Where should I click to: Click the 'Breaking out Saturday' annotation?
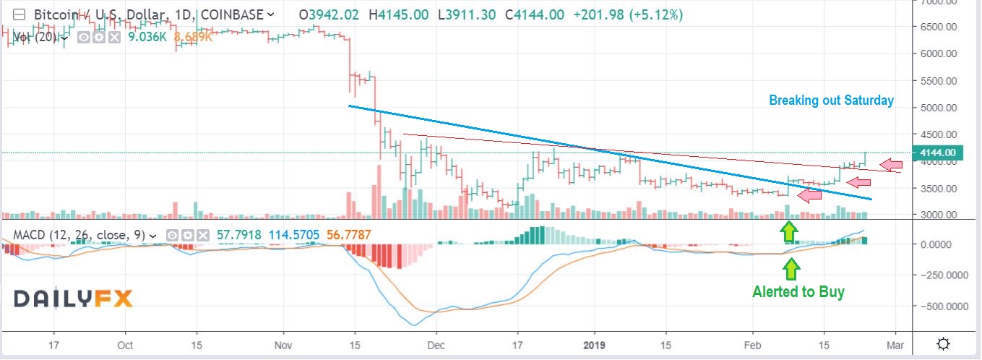pyautogui.click(x=831, y=100)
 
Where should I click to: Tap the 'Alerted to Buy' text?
pyautogui.click(x=798, y=292)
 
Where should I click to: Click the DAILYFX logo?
pyautogui.click(x=72, y=298)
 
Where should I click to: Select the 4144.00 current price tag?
pyautogui.click(x=939, y=153)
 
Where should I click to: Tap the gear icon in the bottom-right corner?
pyautogui.click(x=943, y=343)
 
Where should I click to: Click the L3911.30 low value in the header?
pyautogui.click(x=463, y=14)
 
